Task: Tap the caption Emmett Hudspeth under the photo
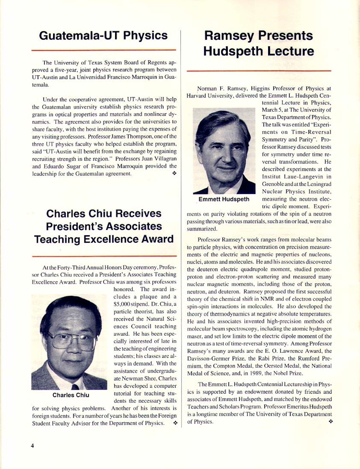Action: [x=224, y=199]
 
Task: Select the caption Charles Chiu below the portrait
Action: [x=71, y=395]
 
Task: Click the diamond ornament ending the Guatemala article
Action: [x=174, y=174]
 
